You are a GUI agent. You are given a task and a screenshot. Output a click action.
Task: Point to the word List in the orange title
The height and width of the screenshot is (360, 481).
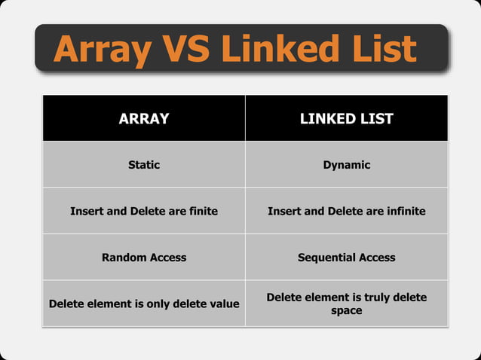384,49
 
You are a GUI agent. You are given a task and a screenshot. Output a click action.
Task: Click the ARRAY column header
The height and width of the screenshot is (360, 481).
144,119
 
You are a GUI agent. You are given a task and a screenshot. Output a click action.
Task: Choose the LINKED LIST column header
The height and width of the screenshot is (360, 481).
347,119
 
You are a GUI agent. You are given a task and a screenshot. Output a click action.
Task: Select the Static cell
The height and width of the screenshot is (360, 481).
144,165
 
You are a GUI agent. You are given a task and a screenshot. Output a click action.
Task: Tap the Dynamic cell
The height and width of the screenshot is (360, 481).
347,165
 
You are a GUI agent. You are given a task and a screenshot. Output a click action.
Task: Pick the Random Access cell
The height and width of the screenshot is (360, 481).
144,258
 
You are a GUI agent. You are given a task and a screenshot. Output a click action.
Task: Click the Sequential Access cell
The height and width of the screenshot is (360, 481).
347,258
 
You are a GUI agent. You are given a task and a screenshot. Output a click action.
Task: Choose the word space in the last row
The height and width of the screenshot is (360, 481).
347,310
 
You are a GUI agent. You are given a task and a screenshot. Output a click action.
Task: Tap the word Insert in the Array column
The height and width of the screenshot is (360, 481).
87,211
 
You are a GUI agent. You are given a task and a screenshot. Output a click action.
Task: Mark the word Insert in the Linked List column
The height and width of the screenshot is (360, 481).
284,211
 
